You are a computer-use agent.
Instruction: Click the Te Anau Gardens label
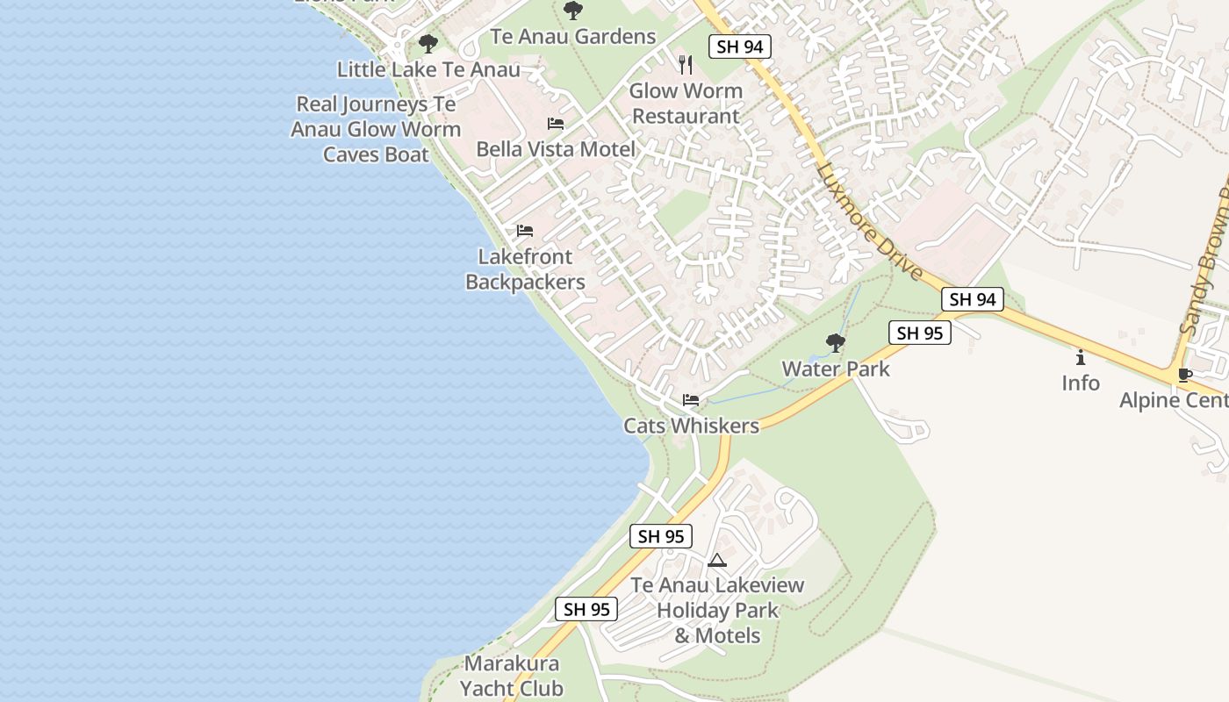click(x=572, y=36)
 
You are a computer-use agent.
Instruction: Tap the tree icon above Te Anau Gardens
click(x=573, y=11)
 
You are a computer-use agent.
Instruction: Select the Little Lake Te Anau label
click(x=428, y=69)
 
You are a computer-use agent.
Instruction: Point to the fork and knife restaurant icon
click(x=686, y=64)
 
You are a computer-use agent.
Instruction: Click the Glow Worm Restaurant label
click(x=686, y=104)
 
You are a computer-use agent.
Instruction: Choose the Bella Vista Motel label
click(x=555, y=149)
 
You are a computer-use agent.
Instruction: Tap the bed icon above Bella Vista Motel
click(x=556, y=124)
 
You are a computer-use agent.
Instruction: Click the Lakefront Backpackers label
click(x=525, y=269)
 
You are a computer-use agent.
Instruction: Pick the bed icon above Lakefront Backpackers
click(x=525, y=231)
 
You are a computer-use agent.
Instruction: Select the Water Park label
click(x=836, y=369)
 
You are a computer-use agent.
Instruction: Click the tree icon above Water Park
click(x=836, y=343)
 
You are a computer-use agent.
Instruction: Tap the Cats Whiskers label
click(x=691, y=426)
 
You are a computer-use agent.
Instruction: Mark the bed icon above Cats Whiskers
click(x=691, y=400)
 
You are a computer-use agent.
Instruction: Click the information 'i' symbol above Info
click(x=1081, y=357)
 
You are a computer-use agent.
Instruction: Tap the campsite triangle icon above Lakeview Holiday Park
click(x=717, y=560)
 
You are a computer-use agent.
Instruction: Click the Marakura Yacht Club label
click(x=512, y=676)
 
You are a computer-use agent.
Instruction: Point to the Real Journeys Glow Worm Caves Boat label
click(x=376, y=129)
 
